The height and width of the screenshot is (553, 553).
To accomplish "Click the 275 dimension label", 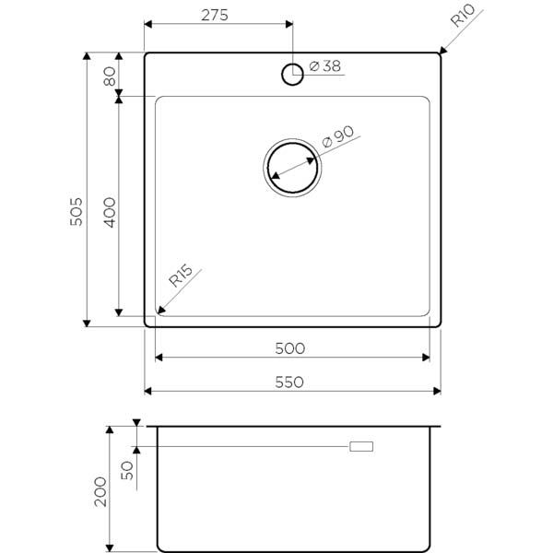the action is click(x=215, y=15).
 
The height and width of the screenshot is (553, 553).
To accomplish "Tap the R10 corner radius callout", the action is click(x=463, y=16).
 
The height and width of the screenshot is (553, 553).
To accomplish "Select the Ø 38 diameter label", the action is click(x=324, y=66).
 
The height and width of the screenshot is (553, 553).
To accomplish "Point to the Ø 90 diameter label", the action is click(x=338, y=136).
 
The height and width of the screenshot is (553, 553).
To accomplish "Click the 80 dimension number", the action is click(x=110, y=76).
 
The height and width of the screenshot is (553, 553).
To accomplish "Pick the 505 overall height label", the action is click(x=76, y=212).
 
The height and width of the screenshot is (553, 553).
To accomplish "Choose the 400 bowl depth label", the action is click(x=110, y=212).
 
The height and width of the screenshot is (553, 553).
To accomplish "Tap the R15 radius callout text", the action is click(x=181, y=276).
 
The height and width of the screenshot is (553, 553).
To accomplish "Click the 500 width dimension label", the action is click(x=290, y=348).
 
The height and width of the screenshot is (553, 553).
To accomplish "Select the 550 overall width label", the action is click(x=289, y=382).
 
